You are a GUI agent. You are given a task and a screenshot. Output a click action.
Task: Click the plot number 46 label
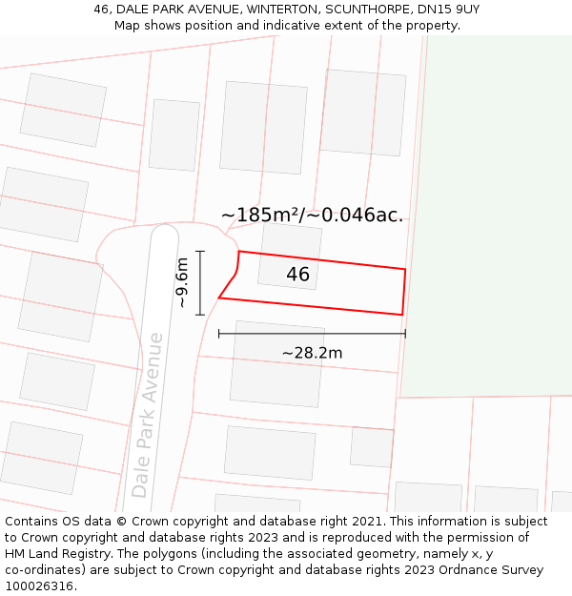[x=297, y=275]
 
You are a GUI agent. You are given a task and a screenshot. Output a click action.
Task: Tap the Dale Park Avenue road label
[x=149, y=414]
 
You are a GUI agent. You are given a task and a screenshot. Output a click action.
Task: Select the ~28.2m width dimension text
[x=312, y=353]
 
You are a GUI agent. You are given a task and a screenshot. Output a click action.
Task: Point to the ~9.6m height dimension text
[x=181, y=282]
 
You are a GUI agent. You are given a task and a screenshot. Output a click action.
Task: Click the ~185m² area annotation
[x=261, y=216]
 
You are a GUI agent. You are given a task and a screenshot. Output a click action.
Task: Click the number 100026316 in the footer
[x=38, y=586]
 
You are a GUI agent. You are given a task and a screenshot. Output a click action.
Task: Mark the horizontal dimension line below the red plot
[x=312, y=334]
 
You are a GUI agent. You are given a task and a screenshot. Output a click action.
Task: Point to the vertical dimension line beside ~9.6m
[x=200, y=282]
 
